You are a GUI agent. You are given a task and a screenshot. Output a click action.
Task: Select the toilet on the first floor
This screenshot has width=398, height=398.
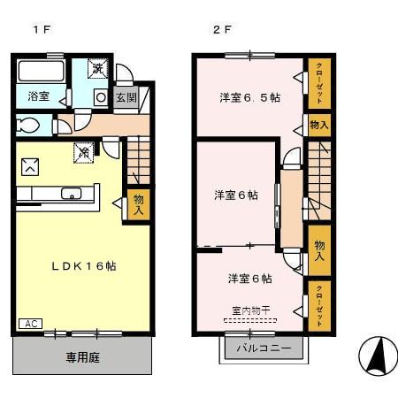(28, 126)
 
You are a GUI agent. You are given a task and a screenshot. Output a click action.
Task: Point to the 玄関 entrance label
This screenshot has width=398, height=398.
(126, 97)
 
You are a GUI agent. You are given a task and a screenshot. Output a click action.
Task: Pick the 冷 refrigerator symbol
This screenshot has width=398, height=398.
(84, 152)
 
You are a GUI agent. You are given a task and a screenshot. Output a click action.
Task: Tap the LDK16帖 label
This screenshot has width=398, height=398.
(82, 266)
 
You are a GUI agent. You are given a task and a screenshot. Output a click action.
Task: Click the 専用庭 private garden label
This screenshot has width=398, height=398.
(83, 358)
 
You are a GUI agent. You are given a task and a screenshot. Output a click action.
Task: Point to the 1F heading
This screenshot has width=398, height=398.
(41, 29)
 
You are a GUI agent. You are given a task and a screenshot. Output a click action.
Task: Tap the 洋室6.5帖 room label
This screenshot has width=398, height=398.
(249, 97)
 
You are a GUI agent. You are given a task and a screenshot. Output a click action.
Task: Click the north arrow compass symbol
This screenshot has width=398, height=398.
(378, 357)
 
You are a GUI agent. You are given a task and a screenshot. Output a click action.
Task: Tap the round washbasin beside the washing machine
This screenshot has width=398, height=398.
(100, 96)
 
